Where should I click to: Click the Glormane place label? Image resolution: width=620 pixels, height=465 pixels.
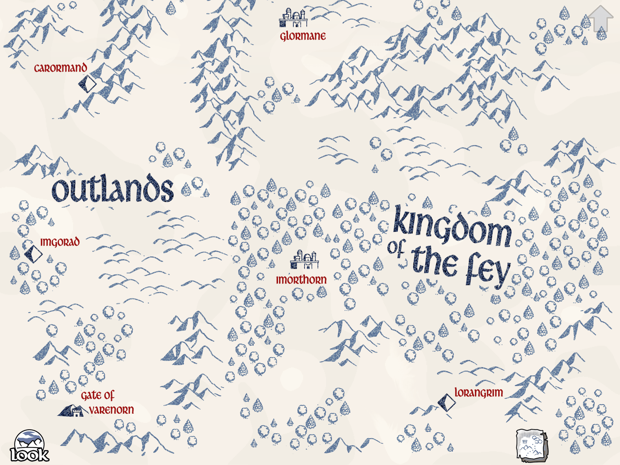pos(303,36)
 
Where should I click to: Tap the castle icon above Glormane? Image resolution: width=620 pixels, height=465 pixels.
pos(293,18)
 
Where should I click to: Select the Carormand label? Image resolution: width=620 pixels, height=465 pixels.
pos(61,68)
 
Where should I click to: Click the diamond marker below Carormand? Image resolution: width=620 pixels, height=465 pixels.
pos(87,84)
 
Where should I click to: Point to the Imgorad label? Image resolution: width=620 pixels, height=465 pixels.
pos(60,242)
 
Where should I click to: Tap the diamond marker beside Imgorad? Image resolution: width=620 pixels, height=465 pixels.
pos(33,254)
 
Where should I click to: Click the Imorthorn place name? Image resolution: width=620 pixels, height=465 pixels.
pos(301,280)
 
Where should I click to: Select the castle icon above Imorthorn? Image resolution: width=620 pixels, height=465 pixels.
pos(304,260)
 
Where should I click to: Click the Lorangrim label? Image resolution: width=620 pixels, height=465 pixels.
pos(479,393)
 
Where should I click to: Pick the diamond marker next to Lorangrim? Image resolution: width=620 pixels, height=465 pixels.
pos(447,402)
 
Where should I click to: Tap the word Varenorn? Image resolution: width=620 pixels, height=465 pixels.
pos(111,410)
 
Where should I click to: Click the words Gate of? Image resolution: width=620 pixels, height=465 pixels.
pos(97,395)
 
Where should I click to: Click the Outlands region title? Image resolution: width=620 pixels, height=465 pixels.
pos(113,190)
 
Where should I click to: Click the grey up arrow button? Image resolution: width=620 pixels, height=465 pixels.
pos(601,19)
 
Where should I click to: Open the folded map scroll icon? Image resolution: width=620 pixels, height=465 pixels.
pos(531,445)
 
